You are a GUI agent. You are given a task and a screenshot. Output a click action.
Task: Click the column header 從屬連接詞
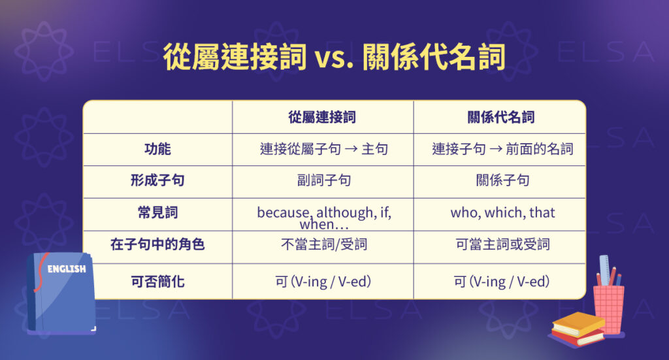[x=323, y=118]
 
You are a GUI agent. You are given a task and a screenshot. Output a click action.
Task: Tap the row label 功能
[x=157, y=150]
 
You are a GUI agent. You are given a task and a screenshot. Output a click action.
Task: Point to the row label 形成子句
[x=157, y=181]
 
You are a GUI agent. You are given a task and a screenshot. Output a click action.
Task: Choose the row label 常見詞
[x=157, y=213]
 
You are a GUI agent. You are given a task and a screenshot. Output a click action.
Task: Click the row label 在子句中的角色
[x=157, y=245]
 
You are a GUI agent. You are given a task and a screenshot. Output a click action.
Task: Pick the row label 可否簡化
[x=157, y=282]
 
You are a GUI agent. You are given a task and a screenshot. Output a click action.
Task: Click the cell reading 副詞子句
[x=323, y=181]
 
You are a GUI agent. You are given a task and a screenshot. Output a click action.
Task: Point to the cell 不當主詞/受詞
[x=323, y=245]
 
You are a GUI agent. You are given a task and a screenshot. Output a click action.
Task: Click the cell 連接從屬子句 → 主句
[x=323, y=150]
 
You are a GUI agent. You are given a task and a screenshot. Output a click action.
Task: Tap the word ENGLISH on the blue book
[x=67, y=269]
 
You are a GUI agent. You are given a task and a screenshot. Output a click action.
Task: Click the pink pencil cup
[x=608, y=308]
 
